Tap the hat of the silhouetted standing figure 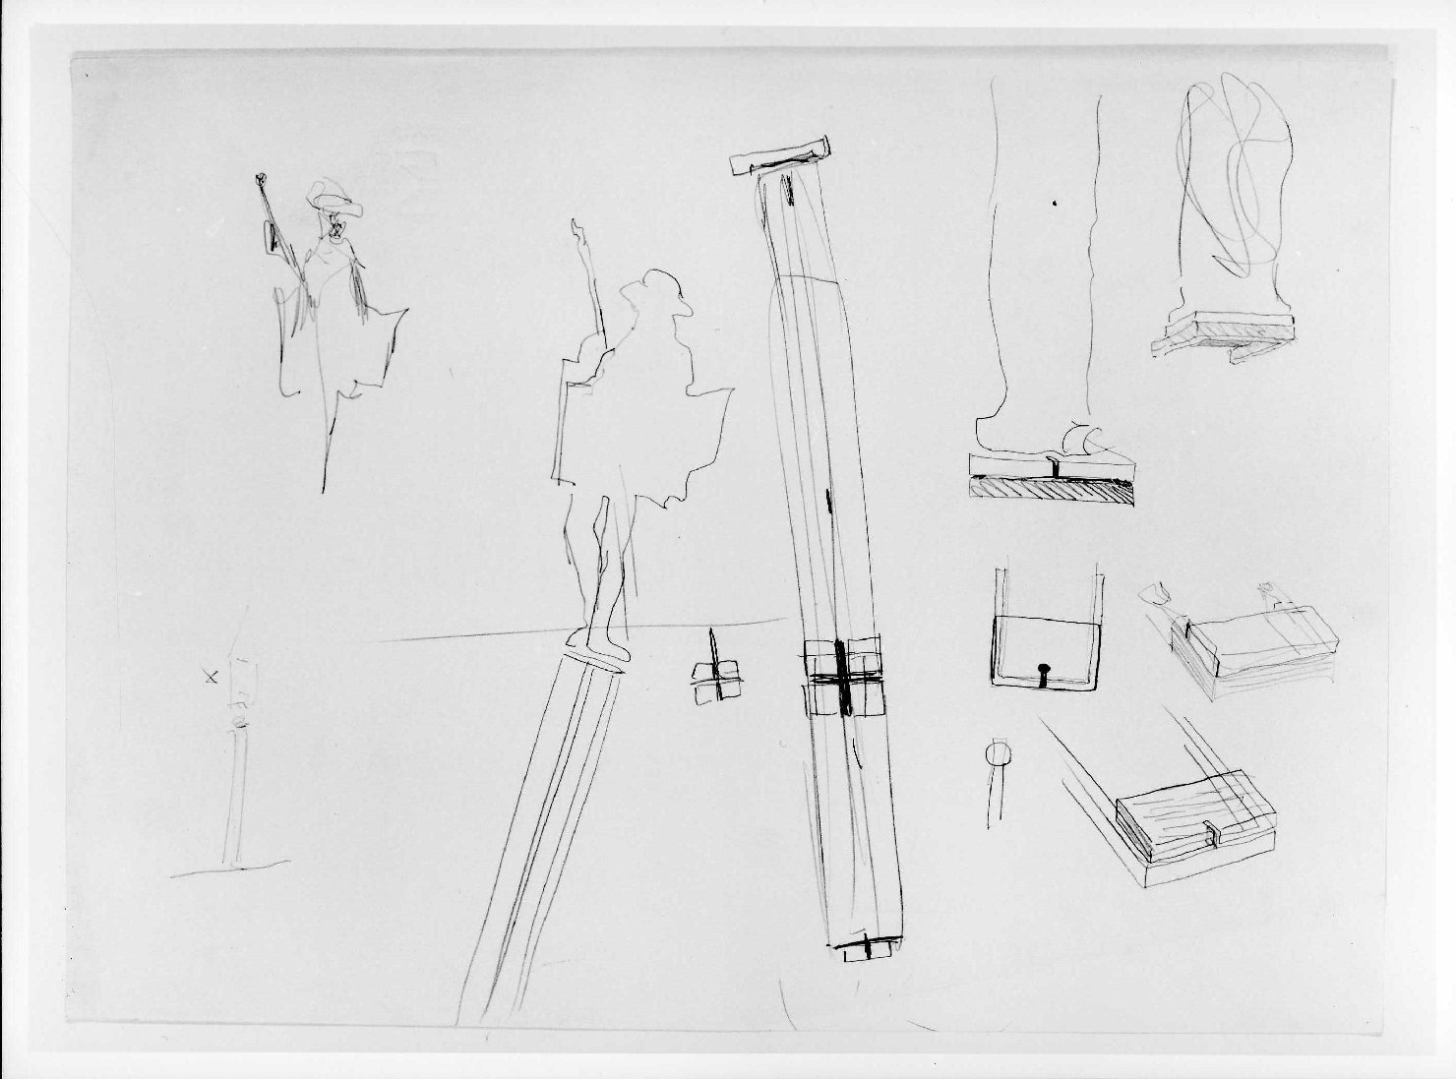point(654,285)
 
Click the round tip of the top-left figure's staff point(260,180)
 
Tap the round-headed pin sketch point(996,755)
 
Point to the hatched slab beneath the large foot point(1051,489)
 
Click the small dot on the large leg point(1054,205)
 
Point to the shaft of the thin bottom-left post point(234,797)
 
